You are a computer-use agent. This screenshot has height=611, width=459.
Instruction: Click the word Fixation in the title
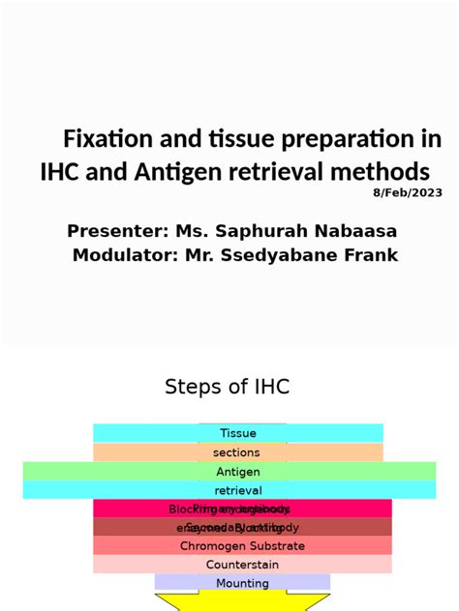point(104,139)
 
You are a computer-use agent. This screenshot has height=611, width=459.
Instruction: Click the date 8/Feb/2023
point(408,192)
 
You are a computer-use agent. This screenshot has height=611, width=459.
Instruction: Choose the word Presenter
point(116,231)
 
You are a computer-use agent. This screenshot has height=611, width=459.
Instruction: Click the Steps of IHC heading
point(228,387)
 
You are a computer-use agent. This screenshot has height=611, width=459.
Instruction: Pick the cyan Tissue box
point(238,433)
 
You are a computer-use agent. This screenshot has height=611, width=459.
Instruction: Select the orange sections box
point(238,452)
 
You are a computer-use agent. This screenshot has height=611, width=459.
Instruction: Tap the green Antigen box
point(238,472)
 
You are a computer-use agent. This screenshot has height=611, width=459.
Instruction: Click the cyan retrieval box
point(238,490)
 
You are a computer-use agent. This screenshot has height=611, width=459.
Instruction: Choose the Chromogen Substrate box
point(242,546)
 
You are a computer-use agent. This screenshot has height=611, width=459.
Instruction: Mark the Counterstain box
point(242,565)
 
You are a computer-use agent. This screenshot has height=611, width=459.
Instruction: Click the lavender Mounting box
point(242,583)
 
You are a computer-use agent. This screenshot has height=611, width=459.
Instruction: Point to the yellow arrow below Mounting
point(242,602)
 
